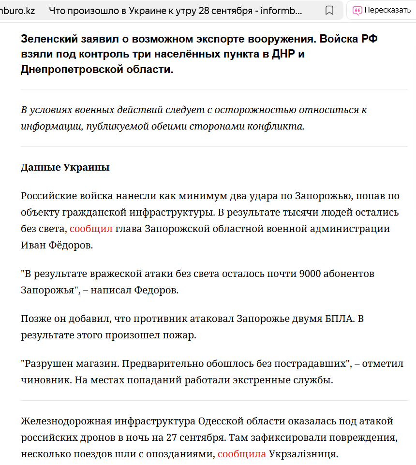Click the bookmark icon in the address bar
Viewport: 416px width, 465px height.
click(x=329, y=10)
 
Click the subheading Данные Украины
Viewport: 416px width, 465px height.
click(x=65, y=168)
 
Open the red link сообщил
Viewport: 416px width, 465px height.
click(x=91, y=229)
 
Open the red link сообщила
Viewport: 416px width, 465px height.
click(x=241, y=454)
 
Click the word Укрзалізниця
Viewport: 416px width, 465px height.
click(x=303, y=454)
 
